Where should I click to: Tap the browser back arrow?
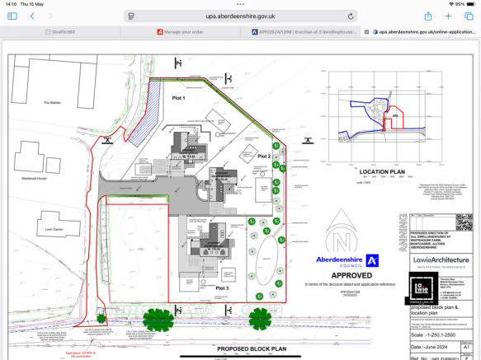32,16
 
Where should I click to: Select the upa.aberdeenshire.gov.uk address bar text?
240,16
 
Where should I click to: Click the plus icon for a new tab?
448,16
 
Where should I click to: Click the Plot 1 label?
178,98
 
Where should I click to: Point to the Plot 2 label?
263,155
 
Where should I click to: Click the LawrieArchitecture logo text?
440,259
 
